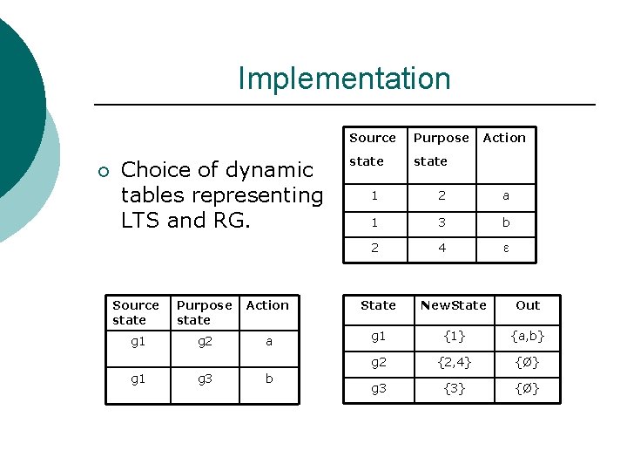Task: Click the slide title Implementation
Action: pyautogui.click(x=344, y=78)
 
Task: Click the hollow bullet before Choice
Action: pyautogui.click(x=104, y=171)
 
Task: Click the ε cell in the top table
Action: pyautogui.click(x=505, y=248)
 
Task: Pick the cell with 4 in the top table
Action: pyautogui.click(x=442, y=248)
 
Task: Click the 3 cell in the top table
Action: pyautogui.click(x=442, y=222)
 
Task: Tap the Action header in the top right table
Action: pyautogui.click(x=504, y=138)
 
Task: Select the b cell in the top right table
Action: pyautogui.click(x=505, y=222)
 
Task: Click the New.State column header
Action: pyautogui.click(x=453, y=305)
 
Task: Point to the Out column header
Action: pyautogui.click(x=528, y=305)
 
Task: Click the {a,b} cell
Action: pyautogui.click(x=528, y=336)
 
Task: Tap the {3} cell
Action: pyautogui.click(x=453, y=389)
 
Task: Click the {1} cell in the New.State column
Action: pyautogui.click(x=453, y=336)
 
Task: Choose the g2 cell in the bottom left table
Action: pyautogui.click(x=205, y=342)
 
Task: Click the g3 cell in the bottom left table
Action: pyautogui.click(x=205, y=379)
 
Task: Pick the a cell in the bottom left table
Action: pyautogui.click(x=268, y=342)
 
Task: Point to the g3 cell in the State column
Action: pyautogui.click(x=378, y=389)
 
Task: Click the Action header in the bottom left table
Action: pyautogui.click(x=267, y=305)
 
